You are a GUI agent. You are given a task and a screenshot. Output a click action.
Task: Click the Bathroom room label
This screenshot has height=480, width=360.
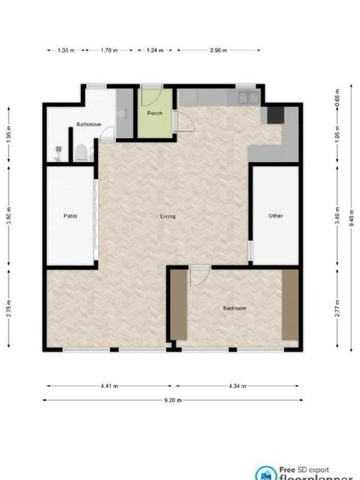coord(89,124)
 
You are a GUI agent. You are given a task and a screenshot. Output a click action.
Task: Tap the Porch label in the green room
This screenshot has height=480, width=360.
coord(154,113)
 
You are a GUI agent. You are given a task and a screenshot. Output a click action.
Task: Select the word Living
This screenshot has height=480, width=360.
coord(167,216)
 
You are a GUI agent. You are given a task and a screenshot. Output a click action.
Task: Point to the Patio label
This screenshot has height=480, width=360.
coord(71,216)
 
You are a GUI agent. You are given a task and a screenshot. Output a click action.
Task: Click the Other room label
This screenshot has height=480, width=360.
coord(276,216)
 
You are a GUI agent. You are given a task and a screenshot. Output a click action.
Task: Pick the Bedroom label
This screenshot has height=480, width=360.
coord(235,308)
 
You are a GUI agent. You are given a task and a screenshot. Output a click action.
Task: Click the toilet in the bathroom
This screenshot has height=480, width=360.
coord(81,152)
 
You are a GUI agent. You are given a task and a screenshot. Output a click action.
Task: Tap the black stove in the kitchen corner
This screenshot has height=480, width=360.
coord(275,114)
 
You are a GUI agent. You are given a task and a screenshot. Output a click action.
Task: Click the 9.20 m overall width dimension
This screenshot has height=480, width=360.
coord(172,399)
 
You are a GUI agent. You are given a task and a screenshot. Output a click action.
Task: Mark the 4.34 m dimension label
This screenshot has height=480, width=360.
coord(238,386)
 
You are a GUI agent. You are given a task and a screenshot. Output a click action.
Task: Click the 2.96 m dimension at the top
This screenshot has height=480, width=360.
coord(218,51)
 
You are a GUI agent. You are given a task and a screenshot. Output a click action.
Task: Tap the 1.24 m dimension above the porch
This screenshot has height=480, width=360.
coord(155,51)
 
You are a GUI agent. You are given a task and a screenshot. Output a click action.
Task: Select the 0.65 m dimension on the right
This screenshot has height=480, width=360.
coord(337,97)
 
